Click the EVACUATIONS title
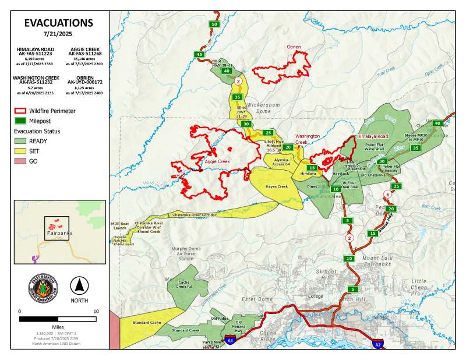coord(58,23)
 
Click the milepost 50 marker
coord(214,24)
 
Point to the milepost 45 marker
coord(200,54)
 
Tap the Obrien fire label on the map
coord(294,47)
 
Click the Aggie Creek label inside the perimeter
coord(217,161)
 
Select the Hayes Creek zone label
coord(277,187)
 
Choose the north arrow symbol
coord(79,285)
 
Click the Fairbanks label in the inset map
coord(58,233)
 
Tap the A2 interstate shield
coord(377,344)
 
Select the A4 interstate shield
coord(231,340)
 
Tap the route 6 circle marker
coord(387,194)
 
